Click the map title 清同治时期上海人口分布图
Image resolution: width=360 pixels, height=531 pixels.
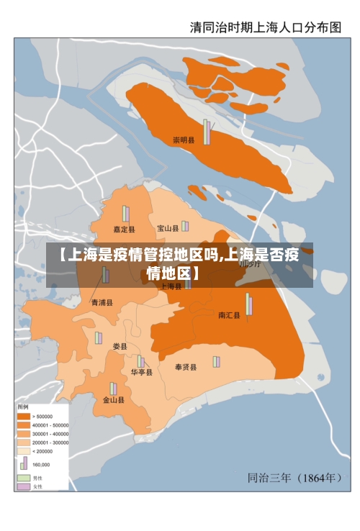tap(265, 28)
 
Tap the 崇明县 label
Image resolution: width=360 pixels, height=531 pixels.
tap(184, 140)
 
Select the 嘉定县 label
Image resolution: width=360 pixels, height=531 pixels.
tap(124, 230)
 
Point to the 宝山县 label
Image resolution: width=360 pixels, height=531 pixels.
tap(168, 229)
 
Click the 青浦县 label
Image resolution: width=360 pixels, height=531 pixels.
tap(102, 303)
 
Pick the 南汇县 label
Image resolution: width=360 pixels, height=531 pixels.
tap(230, 315)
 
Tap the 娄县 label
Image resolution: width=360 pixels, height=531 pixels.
tap(120, 347)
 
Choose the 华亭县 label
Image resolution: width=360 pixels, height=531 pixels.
tap(141, 373)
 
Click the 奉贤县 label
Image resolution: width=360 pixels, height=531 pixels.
tap(186, 368)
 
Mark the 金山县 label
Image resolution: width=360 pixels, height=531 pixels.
tap(113, 400)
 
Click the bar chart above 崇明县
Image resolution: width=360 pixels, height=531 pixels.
tap(207, 132)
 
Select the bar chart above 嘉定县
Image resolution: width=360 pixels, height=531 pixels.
tap(126, 214)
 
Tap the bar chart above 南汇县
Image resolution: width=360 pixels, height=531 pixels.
tap(249, 304)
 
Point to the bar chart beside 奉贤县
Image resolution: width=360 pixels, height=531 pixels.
tap(215, 361)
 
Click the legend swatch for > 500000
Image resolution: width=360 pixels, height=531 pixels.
tap(24, 417)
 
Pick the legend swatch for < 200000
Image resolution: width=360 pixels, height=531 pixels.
tap(24, 451)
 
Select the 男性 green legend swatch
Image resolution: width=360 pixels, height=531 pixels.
tap(24, 478)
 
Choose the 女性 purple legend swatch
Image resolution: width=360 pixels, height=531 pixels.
tap(24, 487)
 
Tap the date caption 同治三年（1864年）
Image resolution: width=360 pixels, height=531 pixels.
tap(294, 477)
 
